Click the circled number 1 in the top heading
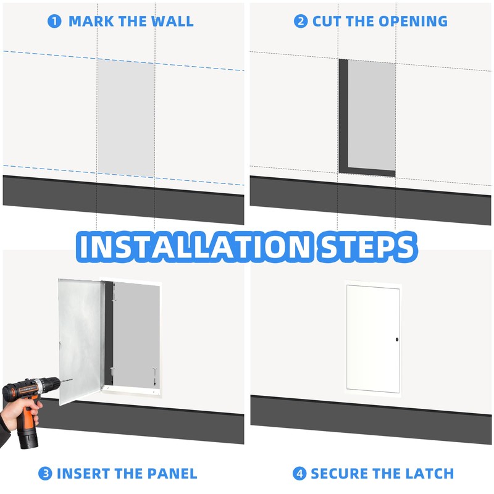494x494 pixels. [55, 21]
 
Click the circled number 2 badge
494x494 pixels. [301, 21]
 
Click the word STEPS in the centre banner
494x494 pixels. [364, 246]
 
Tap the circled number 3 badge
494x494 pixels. [45, 474]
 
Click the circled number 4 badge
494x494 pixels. [299, 474]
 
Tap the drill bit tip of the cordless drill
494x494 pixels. [70, 378]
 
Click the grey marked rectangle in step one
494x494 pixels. [126, 117]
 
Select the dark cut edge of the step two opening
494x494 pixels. [343, 117]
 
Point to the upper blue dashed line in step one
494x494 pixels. [49, 56]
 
